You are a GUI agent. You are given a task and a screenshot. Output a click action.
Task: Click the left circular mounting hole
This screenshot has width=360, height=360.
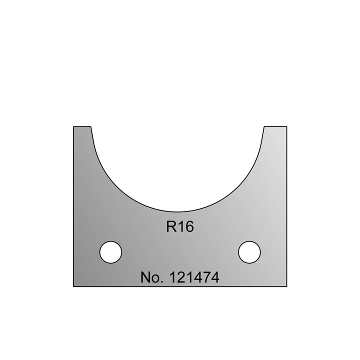(110, 251)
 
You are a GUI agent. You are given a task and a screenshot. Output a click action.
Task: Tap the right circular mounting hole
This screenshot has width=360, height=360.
(249, 251)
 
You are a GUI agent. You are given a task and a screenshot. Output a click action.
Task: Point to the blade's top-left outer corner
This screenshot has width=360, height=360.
(73, 126)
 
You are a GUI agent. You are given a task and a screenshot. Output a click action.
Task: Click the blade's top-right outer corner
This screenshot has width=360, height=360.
(286, 126)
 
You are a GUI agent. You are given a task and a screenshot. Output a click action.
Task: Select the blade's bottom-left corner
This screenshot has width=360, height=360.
(73, 286)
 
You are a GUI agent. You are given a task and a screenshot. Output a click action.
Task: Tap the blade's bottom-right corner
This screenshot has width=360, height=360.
(286, 286)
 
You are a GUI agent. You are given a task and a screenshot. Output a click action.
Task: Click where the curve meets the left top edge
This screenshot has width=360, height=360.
(91, 126)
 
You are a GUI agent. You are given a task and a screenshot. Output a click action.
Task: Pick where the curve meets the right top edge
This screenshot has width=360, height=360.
(264, 126)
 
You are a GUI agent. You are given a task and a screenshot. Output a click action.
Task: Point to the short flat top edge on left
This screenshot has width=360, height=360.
(82, 126)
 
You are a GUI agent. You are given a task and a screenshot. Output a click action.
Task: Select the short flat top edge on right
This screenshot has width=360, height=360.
(275, 126)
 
